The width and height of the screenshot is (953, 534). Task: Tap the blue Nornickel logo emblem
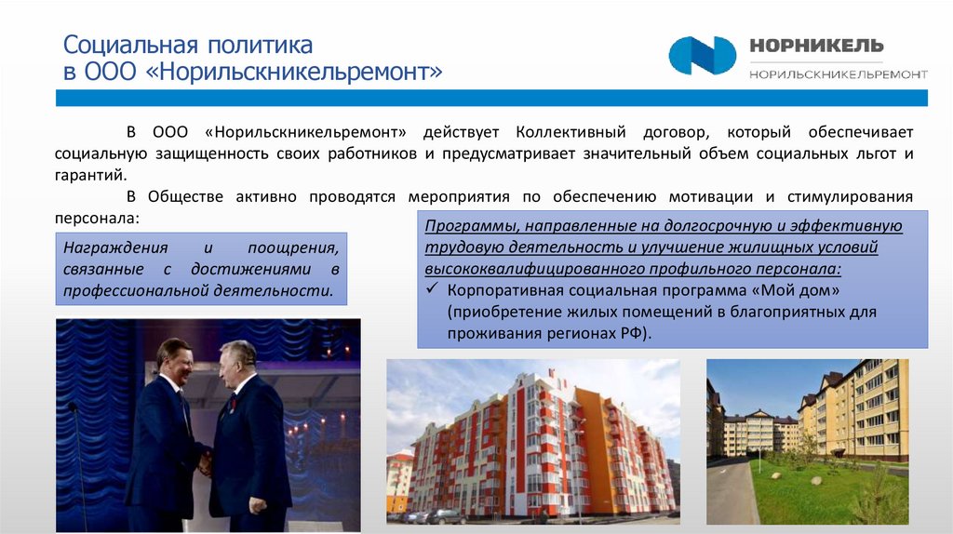click(x=703, y=56)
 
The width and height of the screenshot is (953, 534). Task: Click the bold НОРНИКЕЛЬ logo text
click(x=816, y=47)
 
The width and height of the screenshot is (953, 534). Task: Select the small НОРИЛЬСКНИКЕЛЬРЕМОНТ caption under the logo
click(x=838, y=73)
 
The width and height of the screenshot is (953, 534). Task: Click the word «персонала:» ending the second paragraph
click(x=96, y=218)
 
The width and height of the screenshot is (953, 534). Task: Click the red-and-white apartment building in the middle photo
click(x=540, y=447)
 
